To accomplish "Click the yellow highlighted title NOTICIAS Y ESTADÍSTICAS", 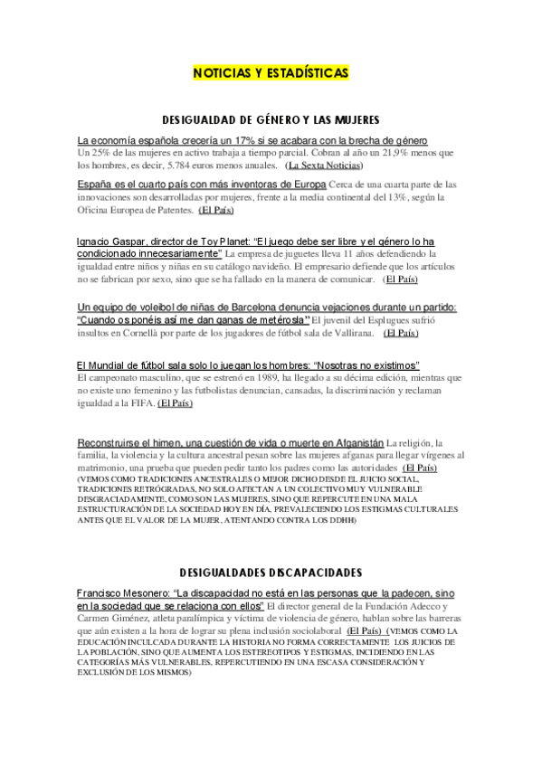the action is point(271,72).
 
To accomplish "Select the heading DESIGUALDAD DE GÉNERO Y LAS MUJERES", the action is point(270,119).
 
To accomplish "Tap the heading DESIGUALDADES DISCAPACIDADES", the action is point(271,573).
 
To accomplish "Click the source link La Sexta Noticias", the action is point(323,166).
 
